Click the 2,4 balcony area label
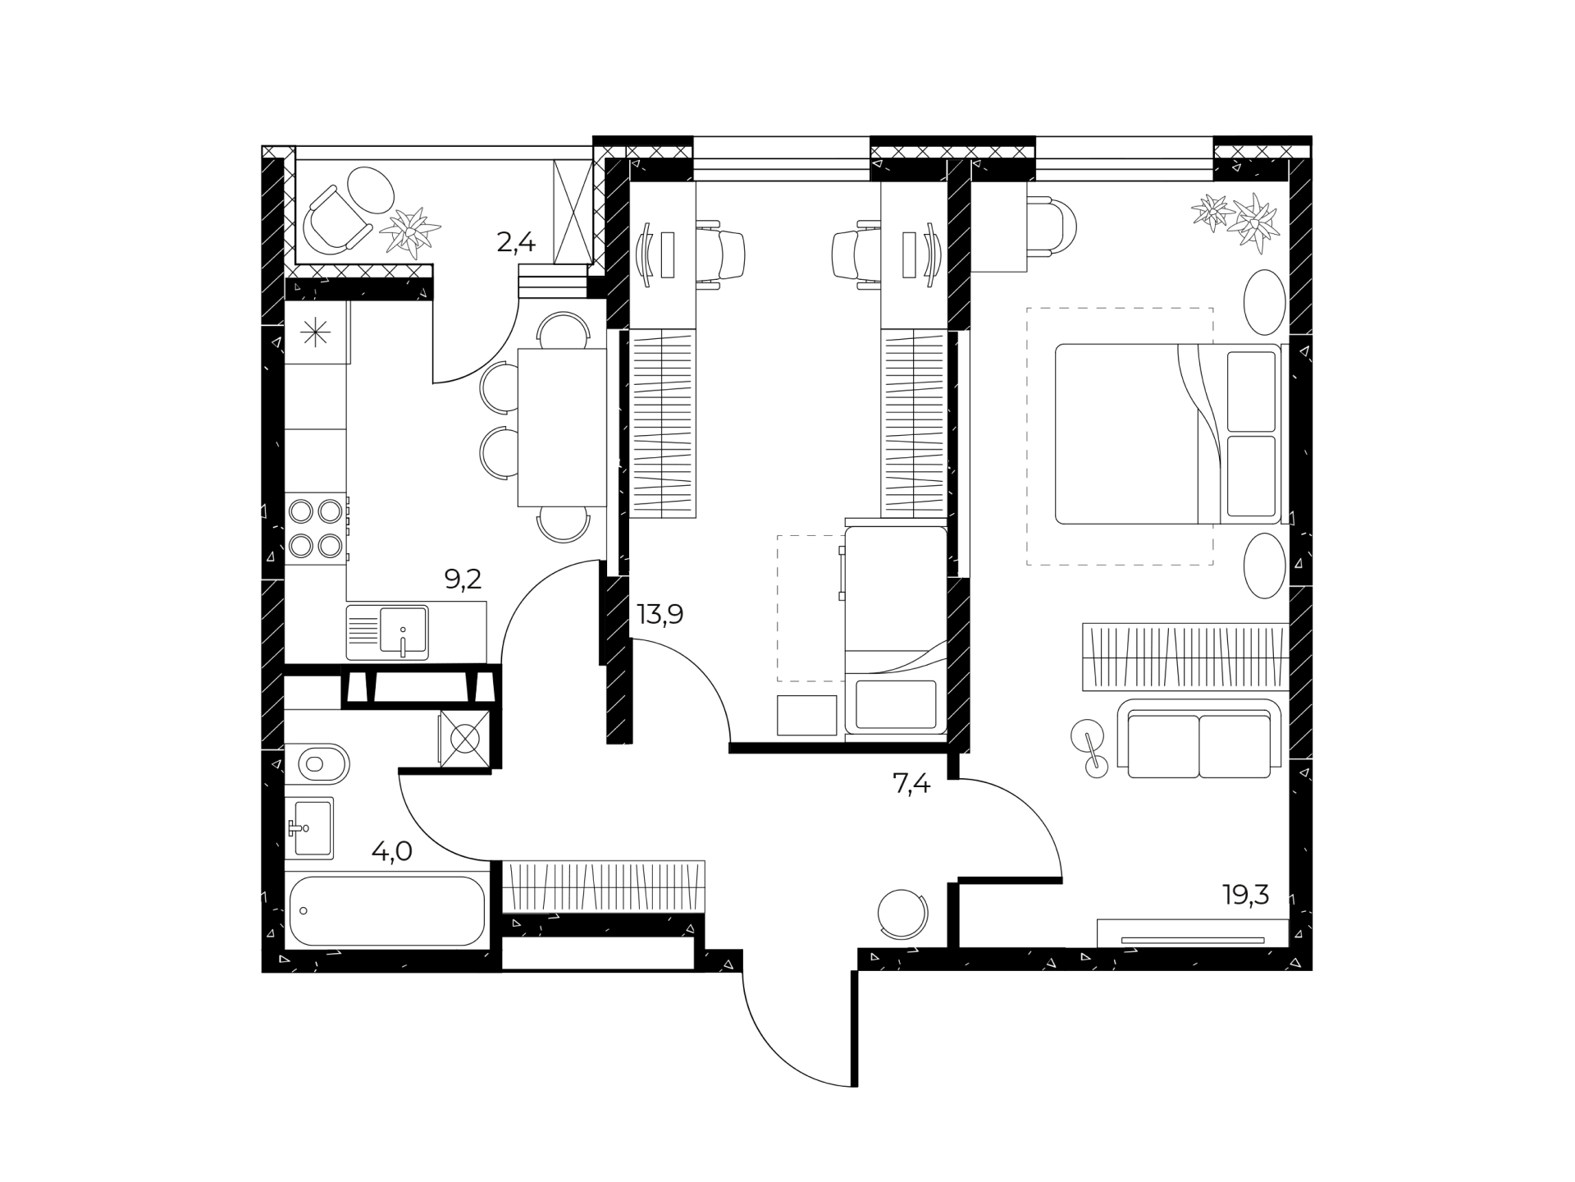point(516,242)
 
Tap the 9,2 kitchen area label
point(463,580)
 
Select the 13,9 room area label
point(660,614)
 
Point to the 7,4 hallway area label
point(911,785)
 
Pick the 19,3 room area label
point(1246,895)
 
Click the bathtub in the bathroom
point(387,910)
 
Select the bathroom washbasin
point(309,828)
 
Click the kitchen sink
point(387,632)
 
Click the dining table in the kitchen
point(562,428)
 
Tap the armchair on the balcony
point(335,218)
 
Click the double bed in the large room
point(1168,433)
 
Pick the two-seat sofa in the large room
point(1198,739)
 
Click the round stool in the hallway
point(902,914)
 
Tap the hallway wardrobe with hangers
point(604,886)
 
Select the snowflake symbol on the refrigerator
point(316,332)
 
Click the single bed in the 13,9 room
point(896,630)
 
